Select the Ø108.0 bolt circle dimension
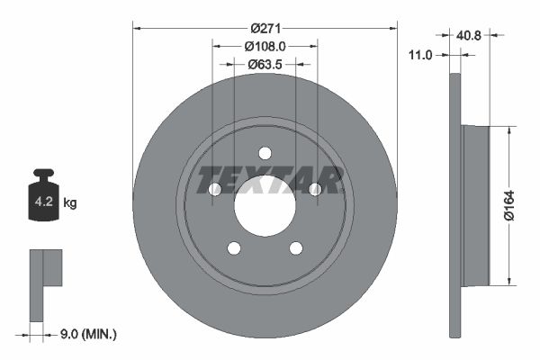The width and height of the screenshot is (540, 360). point(265,45)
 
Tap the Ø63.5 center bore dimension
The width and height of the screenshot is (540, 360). point(265,64)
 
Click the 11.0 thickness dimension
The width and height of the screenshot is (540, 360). point(421,55)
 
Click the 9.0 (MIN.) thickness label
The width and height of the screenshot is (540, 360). point(85,335)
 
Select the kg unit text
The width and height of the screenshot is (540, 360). point(70,203)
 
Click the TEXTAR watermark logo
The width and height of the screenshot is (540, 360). point(269,180)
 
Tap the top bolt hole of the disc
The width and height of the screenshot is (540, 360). point(265,153)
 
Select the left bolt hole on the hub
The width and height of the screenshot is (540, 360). point(214,189)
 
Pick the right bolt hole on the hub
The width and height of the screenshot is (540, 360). point(315,189)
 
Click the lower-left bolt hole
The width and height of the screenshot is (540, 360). point(234,248)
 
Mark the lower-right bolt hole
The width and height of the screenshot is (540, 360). point(296,248)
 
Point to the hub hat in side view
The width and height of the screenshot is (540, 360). point(474,203)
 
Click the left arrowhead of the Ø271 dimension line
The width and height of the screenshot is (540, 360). point(138,27)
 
